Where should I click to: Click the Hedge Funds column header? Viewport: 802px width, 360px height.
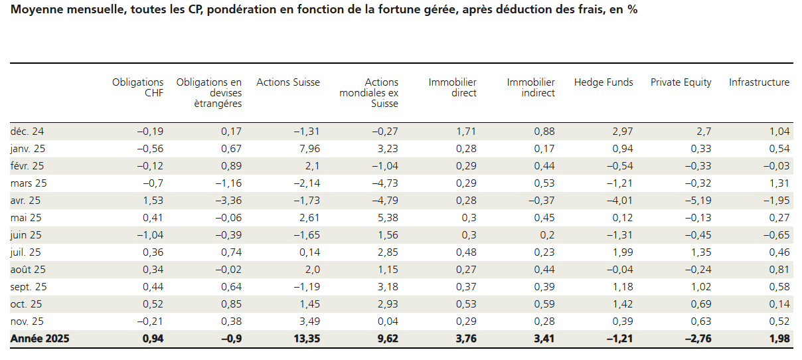pyautogui.click(x=603, y=82)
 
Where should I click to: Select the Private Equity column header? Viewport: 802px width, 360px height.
pyautogui.click(x=681, y=82)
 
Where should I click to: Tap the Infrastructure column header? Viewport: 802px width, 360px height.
pyautogui.click(x=759, y=82)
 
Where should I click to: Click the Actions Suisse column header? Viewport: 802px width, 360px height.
pyautogui.click(x=287, y=82)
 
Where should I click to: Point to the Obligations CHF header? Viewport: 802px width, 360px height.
pyautogui.click(x=137, y=88)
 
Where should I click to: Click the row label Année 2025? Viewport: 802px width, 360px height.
pyautogui.click(x=40, y=339)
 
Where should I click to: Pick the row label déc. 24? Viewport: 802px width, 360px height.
pyautogui.click(x=27, y=132)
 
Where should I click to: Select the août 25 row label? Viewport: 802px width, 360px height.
pyautogui.click(x=28, y=270)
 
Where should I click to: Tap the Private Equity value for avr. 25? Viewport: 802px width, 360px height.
pyautogui.click(x=698, y=201)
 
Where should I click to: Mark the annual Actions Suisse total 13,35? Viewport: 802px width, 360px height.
pyautogui.click(x=305, y=339)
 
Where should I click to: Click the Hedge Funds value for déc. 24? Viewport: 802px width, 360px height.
pyautogui.click(x=621, y=132)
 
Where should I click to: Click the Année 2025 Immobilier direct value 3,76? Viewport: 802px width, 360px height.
pyautogui.click(x=464, y=339)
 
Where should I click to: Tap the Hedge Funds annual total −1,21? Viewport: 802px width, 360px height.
pyautogui.click(x=618, y=339)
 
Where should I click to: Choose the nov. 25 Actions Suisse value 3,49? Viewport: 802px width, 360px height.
pyautogui.click(x=308, y=321)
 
